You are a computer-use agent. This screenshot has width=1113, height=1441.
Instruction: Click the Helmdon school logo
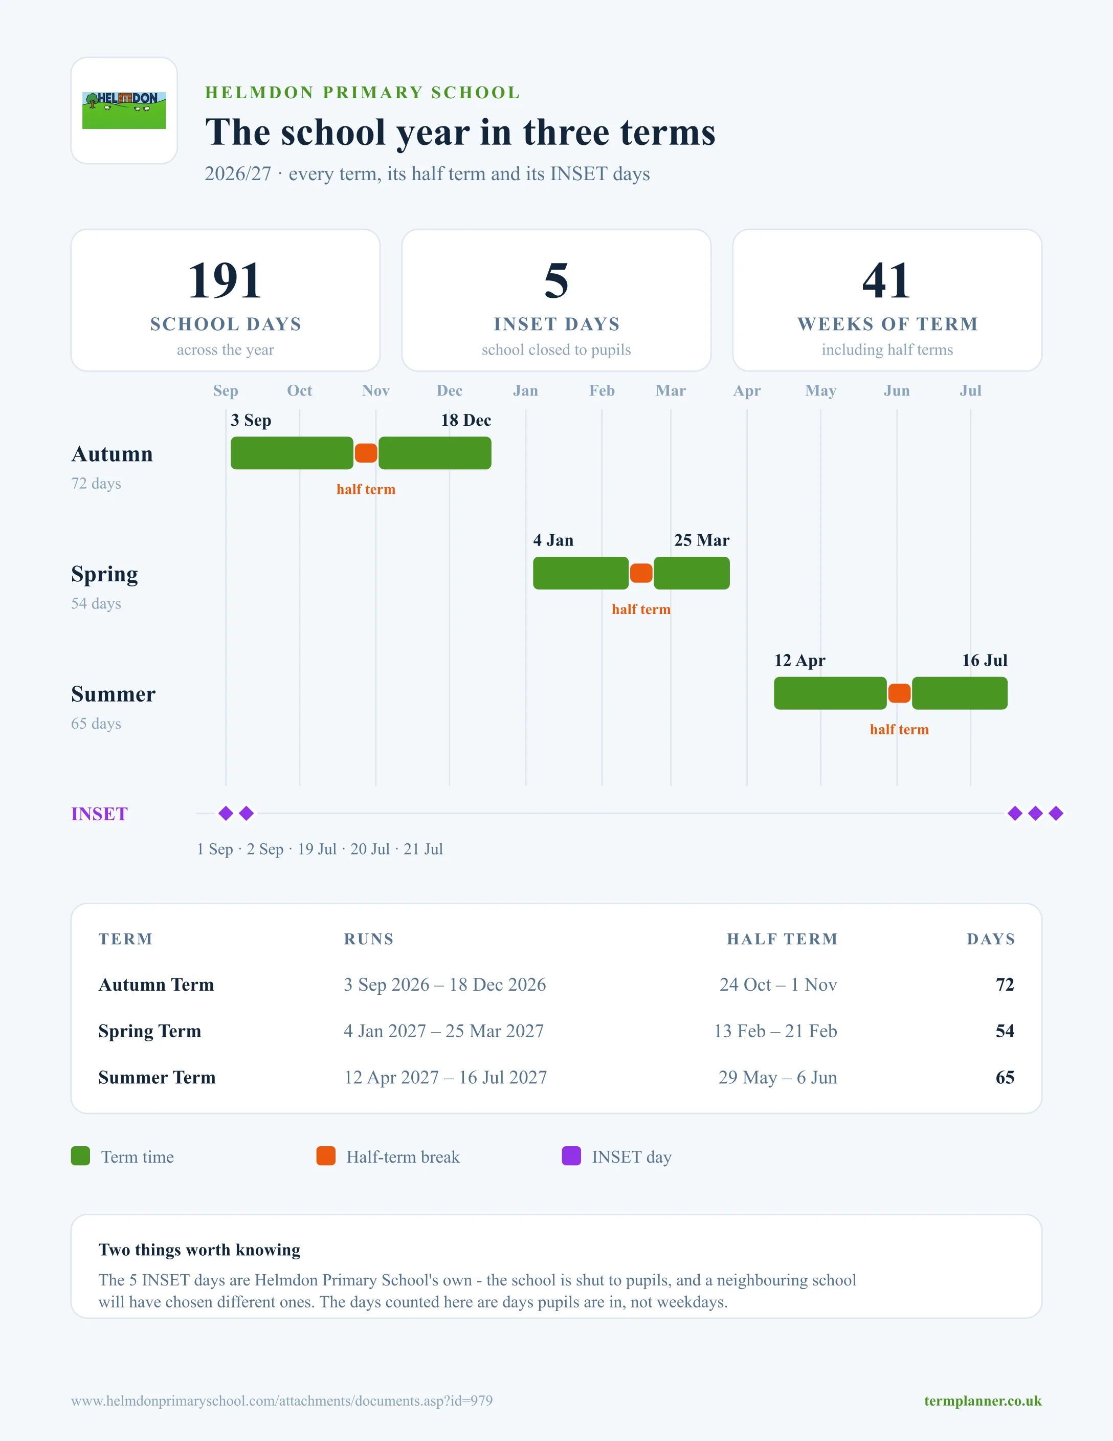(x=124, y=110)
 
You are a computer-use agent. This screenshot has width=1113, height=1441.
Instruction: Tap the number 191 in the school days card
(x=225, y=280)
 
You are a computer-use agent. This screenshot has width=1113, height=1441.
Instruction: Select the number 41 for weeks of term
(x=887, y=280)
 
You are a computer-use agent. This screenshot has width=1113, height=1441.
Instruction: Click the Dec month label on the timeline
(x=450, y=390)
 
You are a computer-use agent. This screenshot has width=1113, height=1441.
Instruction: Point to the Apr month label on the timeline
(x=747, y=390)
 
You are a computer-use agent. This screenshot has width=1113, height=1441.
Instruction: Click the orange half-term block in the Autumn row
(x=366, y=453)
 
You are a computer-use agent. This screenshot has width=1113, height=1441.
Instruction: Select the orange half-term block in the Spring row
(x=641, y=573)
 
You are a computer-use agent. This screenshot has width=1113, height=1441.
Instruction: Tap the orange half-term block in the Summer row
(x=899, y=693)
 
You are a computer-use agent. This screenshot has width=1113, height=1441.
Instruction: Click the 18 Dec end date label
(x=466, y=420)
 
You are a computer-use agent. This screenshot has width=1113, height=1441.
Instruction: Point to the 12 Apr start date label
(x=800, y=661)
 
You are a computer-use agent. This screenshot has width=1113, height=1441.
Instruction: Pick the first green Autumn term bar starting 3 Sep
(x=292, y=453)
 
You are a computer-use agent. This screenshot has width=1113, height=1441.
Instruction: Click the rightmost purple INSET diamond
(x=1056, y=814)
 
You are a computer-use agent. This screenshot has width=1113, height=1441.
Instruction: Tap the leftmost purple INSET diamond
(x=226, y=814)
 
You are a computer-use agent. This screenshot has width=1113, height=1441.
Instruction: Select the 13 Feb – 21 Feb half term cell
(x=775, y=1031)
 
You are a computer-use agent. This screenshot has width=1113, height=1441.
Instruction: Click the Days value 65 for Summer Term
(x=1005, y=1078)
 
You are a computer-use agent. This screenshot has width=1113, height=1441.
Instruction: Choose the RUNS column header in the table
(x=369, y=939)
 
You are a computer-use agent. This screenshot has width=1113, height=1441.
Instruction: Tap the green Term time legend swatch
(x=80, y=1156)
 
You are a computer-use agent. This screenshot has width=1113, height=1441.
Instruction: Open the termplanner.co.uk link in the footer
(x=983, y=1401)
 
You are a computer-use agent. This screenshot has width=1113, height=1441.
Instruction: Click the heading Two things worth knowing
(x=199, y=1250)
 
